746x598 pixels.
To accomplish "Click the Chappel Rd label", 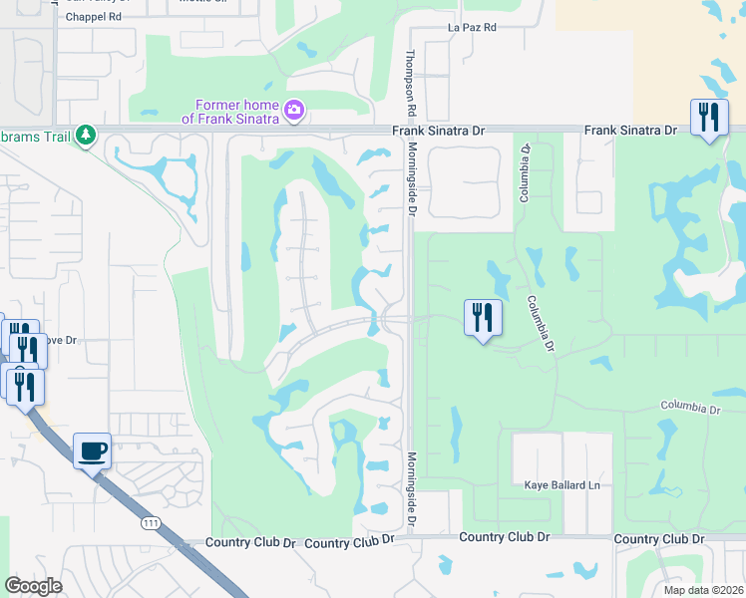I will [x=93, y=17].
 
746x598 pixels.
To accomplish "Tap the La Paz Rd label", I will [x=472, y=27].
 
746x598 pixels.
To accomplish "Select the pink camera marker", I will [x=294, y=110].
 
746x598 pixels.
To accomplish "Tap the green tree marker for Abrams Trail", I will [x=86, y=135].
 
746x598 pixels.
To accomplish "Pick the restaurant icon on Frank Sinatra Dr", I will [x=709, y=119].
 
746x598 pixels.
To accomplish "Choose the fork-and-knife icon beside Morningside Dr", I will [x=482, y=318].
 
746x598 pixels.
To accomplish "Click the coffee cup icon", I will [x=93, y=451].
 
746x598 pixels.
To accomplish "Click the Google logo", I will [x=33, y=586].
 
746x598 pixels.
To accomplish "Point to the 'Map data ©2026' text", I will [x=703, y=590].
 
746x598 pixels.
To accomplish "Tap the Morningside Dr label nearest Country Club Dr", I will [x=410, y=490].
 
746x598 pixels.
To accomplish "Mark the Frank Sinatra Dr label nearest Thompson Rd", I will [x=438, y=131].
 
